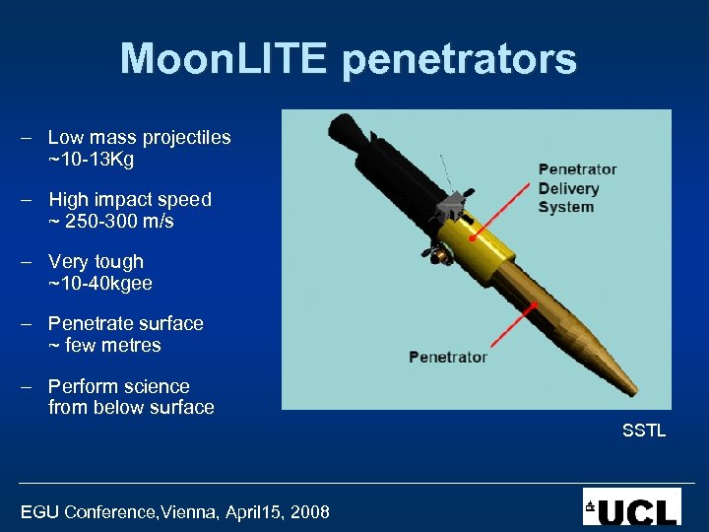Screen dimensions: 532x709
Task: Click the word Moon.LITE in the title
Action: pyautogui.click(x=226, y=59)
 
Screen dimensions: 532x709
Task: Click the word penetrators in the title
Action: pyautogui.click(x=459, y=61)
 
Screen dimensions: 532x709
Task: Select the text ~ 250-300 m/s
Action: pyautogui.click(x=110, y=221)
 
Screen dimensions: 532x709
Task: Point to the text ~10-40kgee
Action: pyautogui.click(x=99, y=284)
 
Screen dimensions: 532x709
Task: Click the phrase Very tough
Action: pyautogui.click(x=96, y=262)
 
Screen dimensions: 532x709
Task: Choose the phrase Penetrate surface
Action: pyautogui.click(x=125, y=324)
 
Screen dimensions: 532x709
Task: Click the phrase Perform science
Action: pyautogui.click(x=118, y=386)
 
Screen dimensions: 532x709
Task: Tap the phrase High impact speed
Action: pyautogui.click(x=129, y=199)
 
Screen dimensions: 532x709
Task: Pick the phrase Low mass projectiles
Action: pyautogui.click(x=139, y=138)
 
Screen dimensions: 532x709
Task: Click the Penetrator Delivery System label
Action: pyautogui.click(x=576, y=187)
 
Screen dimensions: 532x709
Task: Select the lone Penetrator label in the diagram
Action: pyautogui.click(x=448, y=357)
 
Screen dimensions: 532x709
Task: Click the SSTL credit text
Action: pyautogui.click(x=644, y=431)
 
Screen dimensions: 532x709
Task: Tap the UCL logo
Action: pyautogui.click(x=631, y=506)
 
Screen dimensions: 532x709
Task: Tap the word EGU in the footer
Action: pyautogui.click(x=39, y=512)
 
